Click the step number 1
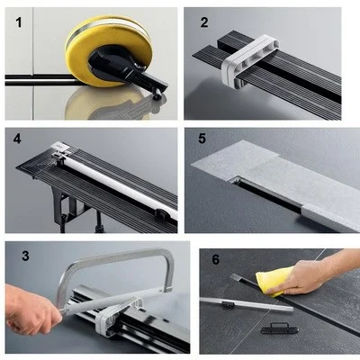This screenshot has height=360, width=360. coord(19,22)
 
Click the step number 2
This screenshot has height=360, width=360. coord(204,22)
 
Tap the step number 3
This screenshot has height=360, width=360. coord(25,256)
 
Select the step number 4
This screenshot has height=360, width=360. coord(17,139)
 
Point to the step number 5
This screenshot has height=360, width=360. coord(202,139)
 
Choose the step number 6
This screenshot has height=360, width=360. coord(216,259)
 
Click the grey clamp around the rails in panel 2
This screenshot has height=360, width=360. coord(249,61)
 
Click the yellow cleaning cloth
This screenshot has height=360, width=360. coord(274,281)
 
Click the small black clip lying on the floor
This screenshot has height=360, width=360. coord(280,328)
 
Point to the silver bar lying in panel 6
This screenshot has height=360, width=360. coord(246,303)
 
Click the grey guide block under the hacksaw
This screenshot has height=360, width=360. coord(120,315)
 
